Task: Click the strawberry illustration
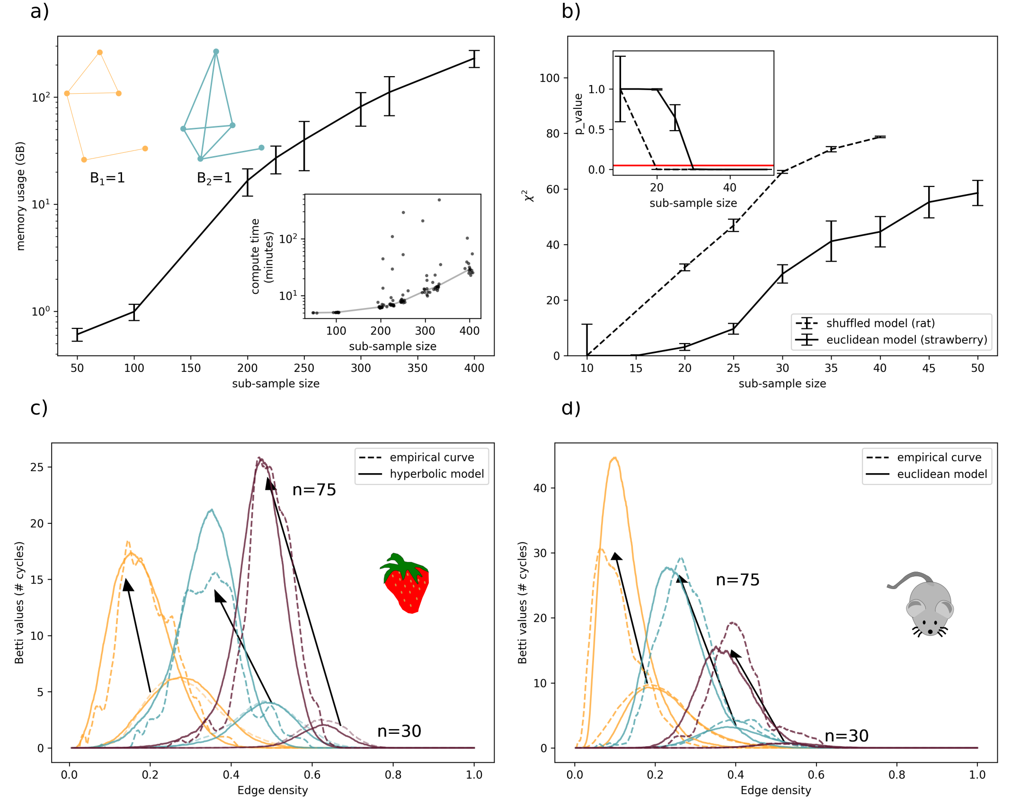tap(405, 583)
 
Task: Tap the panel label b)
tap(570, 11)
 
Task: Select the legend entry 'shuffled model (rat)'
tap(880, 323)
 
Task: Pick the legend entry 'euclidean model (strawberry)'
tap(906, 340)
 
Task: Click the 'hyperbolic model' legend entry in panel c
tap(436, 474)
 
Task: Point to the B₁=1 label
tap(107, 178)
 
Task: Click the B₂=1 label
tap(214, 178)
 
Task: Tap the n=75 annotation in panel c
tap(314, 490)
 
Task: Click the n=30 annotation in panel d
tap(846, 736)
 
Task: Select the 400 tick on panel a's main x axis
tap(474, 368)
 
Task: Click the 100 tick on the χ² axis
tap(549, 78)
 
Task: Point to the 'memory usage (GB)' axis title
tap(20, 196)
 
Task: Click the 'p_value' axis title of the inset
tap(578, 114)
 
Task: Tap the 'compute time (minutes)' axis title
tap(262, 256)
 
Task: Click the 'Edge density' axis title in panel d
tap(775, 790)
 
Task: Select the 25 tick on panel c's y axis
tap(37, 467)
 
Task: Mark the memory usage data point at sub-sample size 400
tap(474, 59)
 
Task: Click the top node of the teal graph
tap(216, 52)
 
